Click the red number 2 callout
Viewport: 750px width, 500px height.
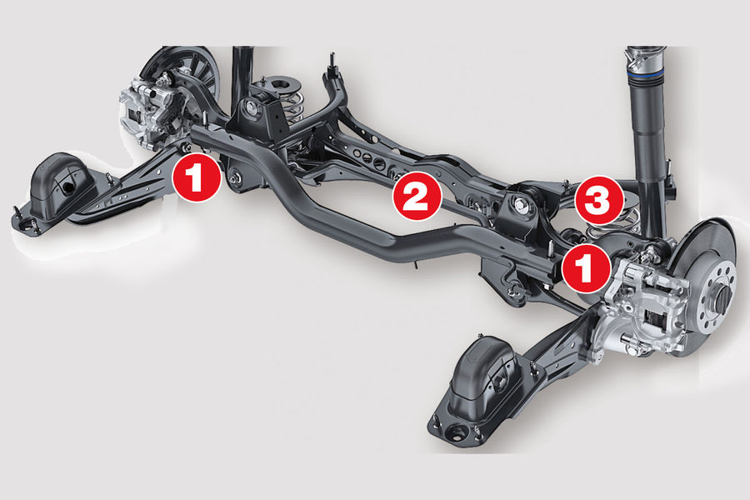[x=416, y=196]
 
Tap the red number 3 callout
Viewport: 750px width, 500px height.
[x=599, y=200]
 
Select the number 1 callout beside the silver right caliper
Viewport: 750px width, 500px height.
[x=587, y=269]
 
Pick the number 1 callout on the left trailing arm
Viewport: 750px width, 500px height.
[x=197, y=177]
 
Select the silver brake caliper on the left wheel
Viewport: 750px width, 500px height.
[x=148, y=111]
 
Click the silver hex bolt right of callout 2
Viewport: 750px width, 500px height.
[x=520, y=207]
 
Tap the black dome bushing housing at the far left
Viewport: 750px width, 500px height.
[x=58, y=184]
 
